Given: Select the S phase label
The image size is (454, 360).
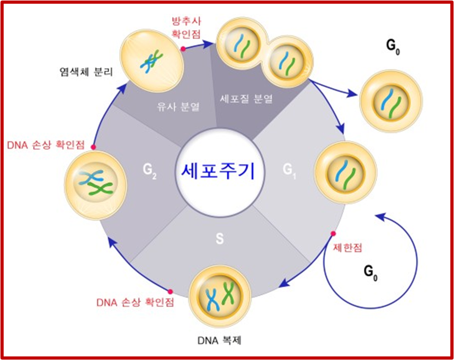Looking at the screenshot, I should (219, 239).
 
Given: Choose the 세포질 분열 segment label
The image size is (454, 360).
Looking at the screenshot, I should (246, 98).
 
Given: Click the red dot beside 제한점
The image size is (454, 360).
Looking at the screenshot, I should (333, 233).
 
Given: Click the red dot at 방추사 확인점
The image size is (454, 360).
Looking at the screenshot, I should (182, 49).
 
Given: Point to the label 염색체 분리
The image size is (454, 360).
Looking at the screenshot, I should (86, 70).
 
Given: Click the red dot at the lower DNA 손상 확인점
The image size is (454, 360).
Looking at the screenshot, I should (170, 291).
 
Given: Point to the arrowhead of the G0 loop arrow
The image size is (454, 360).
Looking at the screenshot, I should (378, 215).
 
